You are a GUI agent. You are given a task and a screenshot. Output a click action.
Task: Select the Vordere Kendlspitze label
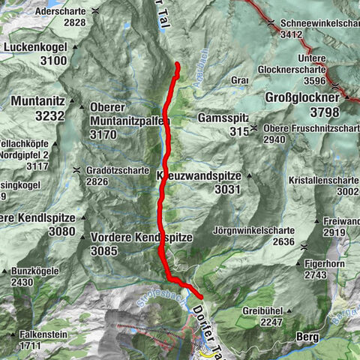click(142, 237)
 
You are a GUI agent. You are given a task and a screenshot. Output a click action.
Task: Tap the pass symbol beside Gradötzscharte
click(78, 171)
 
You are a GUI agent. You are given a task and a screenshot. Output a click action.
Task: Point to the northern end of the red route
click(177, 65)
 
